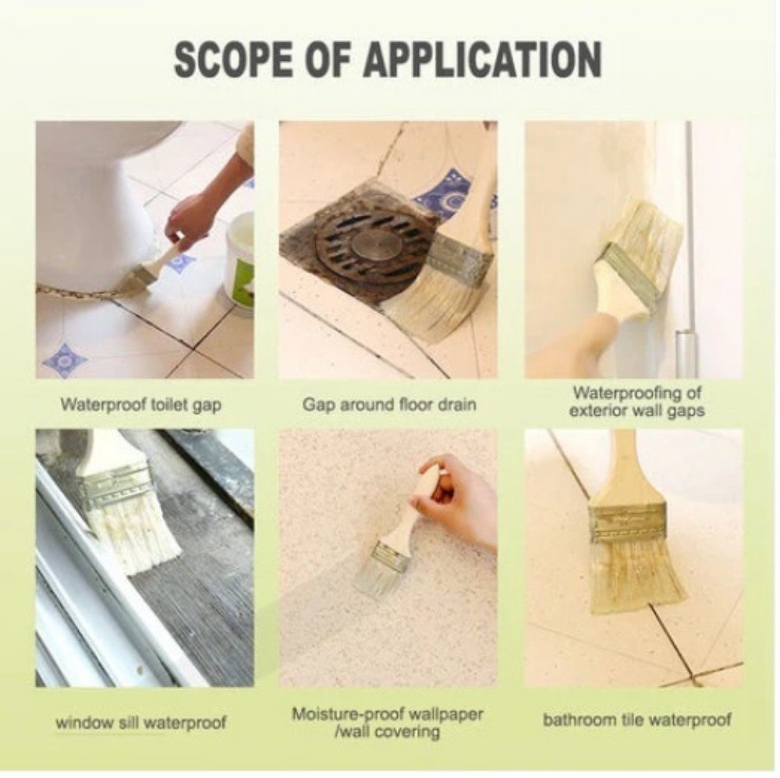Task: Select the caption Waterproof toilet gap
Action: pos(140,405)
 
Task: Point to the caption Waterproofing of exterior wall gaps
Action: pos(637,401)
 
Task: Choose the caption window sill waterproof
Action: pos(141,722)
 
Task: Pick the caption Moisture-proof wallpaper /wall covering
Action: pos(387,723)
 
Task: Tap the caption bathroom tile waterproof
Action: pos(636,720)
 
